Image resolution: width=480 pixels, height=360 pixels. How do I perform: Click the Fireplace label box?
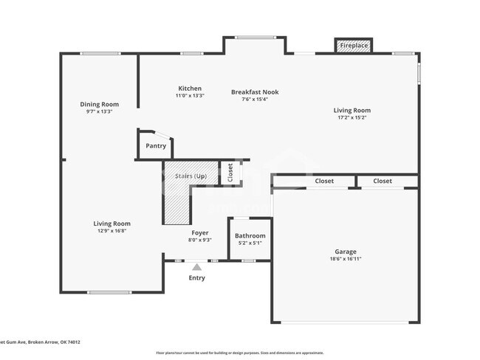click(354, 46)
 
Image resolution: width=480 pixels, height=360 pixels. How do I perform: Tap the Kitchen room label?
click(190, 89)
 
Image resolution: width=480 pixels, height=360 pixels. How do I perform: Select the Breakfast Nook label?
click(255, 92)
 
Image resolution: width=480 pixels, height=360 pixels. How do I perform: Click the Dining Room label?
click(99, 105)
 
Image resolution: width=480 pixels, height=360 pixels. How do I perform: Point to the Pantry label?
click(156, 146)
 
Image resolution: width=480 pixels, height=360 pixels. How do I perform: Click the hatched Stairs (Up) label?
click(190, 176)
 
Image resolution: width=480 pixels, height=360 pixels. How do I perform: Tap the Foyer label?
click(200, 232)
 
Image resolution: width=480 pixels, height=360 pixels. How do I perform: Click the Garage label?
click(346, 252)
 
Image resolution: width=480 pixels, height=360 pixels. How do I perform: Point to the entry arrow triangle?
click(196, 267)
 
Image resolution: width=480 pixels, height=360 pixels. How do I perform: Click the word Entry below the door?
click(196, 278)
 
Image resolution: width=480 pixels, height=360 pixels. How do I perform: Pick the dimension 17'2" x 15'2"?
click(352, 117)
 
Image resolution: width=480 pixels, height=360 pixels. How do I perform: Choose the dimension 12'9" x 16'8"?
click(112, 231)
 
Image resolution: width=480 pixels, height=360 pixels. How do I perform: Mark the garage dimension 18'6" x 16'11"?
click(346, 259)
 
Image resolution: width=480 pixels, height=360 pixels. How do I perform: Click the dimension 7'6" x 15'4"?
click(255, 100)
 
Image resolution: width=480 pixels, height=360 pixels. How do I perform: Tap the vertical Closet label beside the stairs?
click(230, 172)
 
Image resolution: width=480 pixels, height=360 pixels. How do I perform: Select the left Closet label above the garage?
click(324, 181)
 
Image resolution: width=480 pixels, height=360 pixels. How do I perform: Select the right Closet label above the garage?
click(383, 181)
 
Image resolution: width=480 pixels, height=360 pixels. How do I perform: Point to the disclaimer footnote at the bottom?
click(239, 353)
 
